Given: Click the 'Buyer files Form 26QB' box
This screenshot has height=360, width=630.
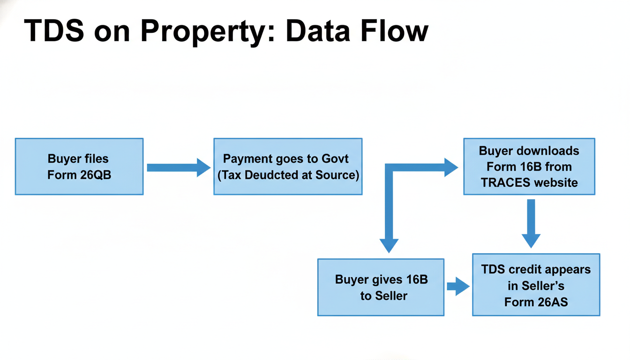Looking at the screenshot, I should [x=79, y=166].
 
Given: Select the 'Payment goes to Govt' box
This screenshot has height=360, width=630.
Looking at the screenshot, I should [x=288, y=166].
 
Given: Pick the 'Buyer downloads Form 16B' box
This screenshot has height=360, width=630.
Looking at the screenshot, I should [x=529, y=166].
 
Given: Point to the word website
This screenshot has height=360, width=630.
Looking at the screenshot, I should [x=558, y=182].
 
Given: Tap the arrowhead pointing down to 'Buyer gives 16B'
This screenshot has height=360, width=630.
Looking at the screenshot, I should [x=389, y=245].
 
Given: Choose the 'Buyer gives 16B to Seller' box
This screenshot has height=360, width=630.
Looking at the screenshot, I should [x=381, y=287].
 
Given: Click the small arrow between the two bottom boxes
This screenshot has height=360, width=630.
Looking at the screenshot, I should [x=458, y=286].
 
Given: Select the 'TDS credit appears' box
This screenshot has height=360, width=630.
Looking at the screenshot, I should [x=536, y=285].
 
